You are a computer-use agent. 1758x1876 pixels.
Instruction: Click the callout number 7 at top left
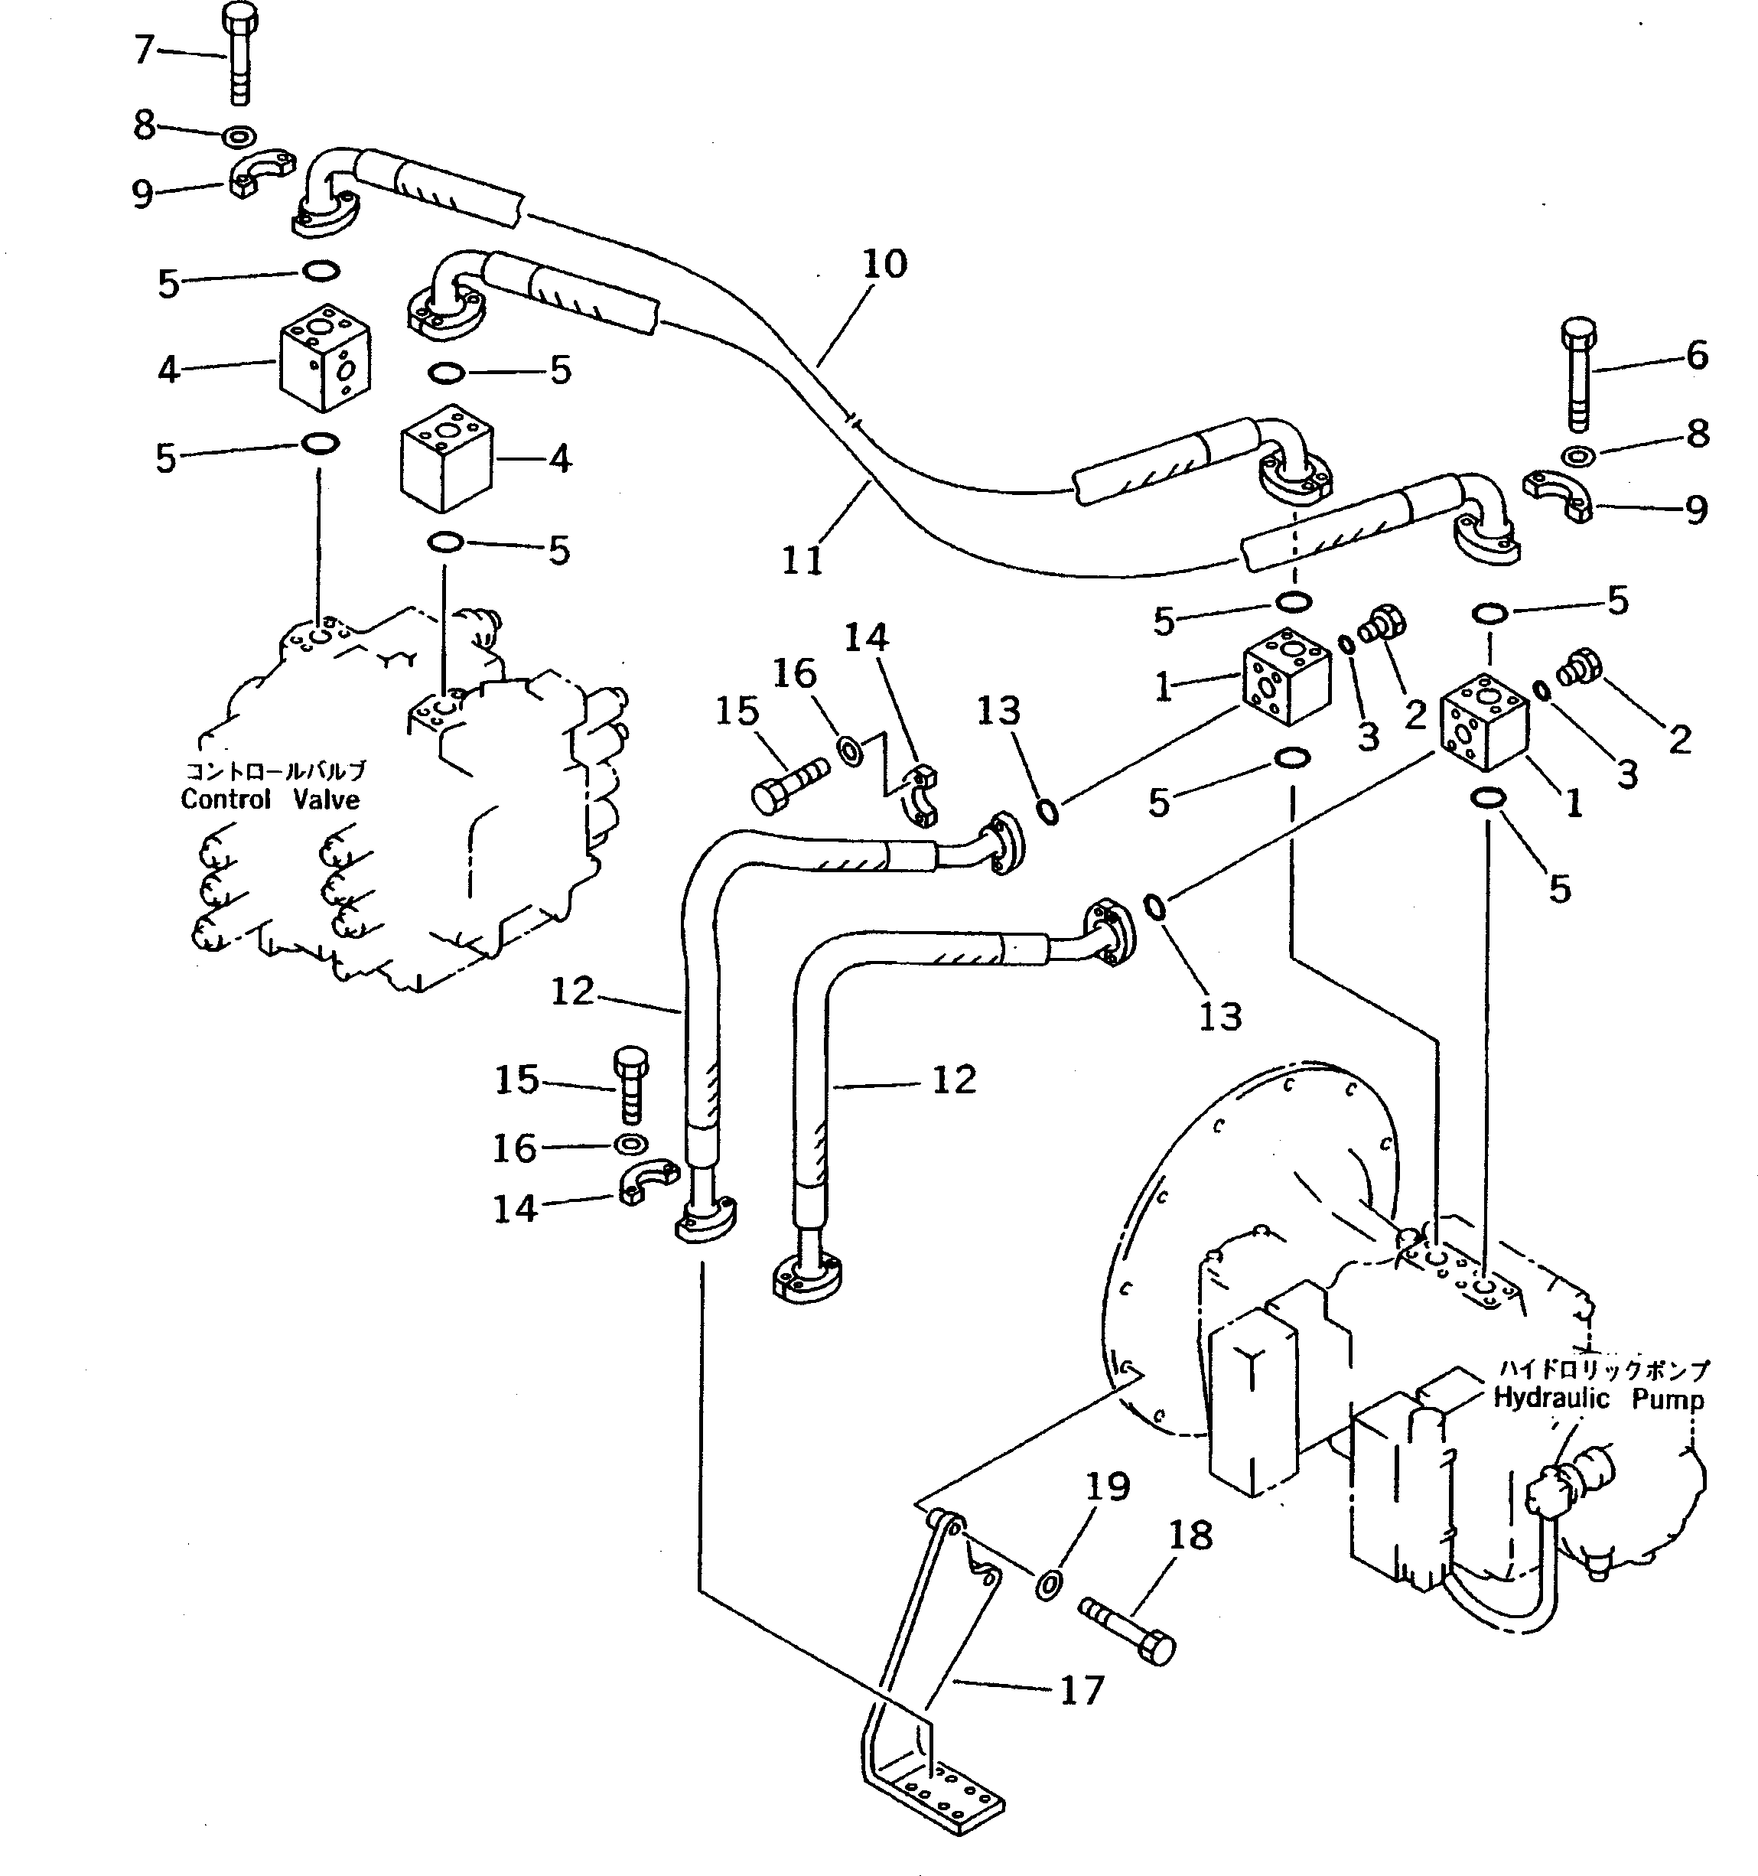pyautogui.click(x=143, y=49)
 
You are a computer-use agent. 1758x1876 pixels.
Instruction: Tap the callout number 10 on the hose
pyautogui.click(x=884, y=264)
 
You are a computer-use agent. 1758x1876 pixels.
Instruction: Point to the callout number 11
pyautogui.click(x=803, y=561)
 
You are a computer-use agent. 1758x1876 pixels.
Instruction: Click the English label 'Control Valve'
pyautogui.click(x=270, y=800)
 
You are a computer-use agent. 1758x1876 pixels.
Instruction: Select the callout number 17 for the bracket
pyautogui.click(x=1082, y=1690)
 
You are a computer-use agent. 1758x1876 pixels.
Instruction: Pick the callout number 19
pyautogui.click(x=1108, y=1487)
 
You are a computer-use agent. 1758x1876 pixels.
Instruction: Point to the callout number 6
pyautogui.click(x=1697, y=356)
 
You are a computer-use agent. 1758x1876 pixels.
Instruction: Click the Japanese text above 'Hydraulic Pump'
pyautogui.click(x=1602, y=1370)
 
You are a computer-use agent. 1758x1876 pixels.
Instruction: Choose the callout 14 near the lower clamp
pyautogui.click(x=515, y=1208)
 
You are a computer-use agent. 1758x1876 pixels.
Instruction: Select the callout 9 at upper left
pyautogui.click(x=142, y=194)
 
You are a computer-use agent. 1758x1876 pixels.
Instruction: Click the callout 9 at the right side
pyautogui.click(x=1697, y=510)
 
